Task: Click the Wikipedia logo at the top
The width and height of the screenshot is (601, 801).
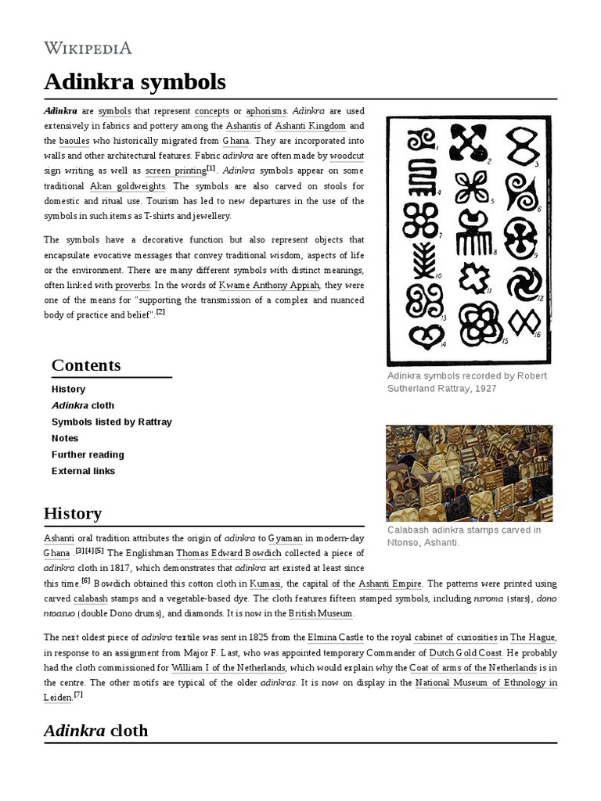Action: pos(88,48)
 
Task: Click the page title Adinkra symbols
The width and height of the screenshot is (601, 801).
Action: pos(135,81)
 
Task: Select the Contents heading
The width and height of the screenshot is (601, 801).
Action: pos(86,365)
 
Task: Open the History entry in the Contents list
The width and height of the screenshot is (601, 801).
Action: pos(68,389)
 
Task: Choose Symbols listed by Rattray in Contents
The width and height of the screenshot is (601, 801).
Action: pos(111,422)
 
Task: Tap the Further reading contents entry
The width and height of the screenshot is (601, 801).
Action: pos(88,454)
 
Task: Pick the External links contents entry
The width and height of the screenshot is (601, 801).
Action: pos(83,471)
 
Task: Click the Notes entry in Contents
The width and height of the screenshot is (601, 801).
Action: pos(65,438)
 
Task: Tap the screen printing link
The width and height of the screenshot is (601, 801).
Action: pos(175,171)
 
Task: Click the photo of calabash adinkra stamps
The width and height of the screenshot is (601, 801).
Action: pos(469,473)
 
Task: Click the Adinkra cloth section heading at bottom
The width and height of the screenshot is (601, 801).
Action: pos(95,731)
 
